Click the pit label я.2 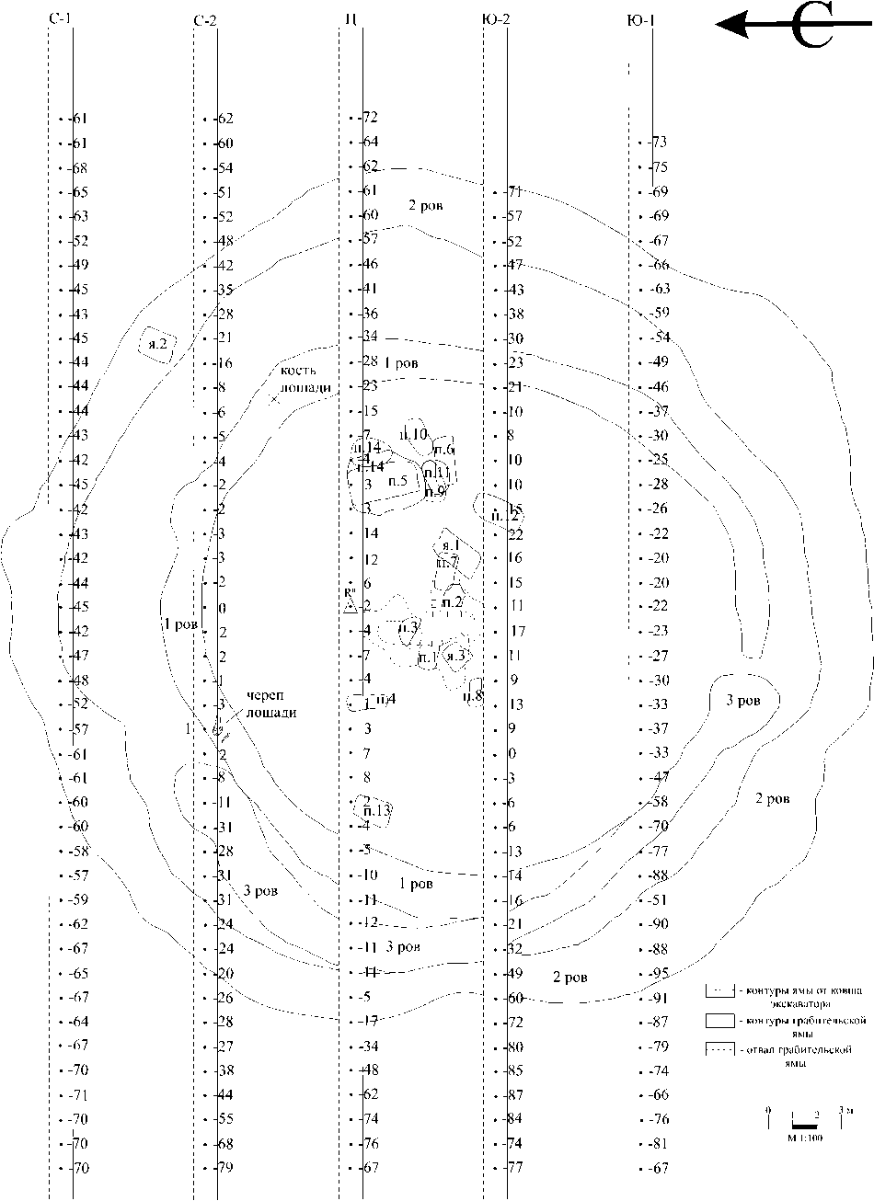156,345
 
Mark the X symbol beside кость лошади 274,399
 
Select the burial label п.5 397,480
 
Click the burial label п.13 377,810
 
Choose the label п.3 408,628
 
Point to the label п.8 475,695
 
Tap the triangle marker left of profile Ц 350,606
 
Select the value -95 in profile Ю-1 659,973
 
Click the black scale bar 805,1125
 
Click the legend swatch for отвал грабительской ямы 719,1049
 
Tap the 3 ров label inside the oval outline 742,701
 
